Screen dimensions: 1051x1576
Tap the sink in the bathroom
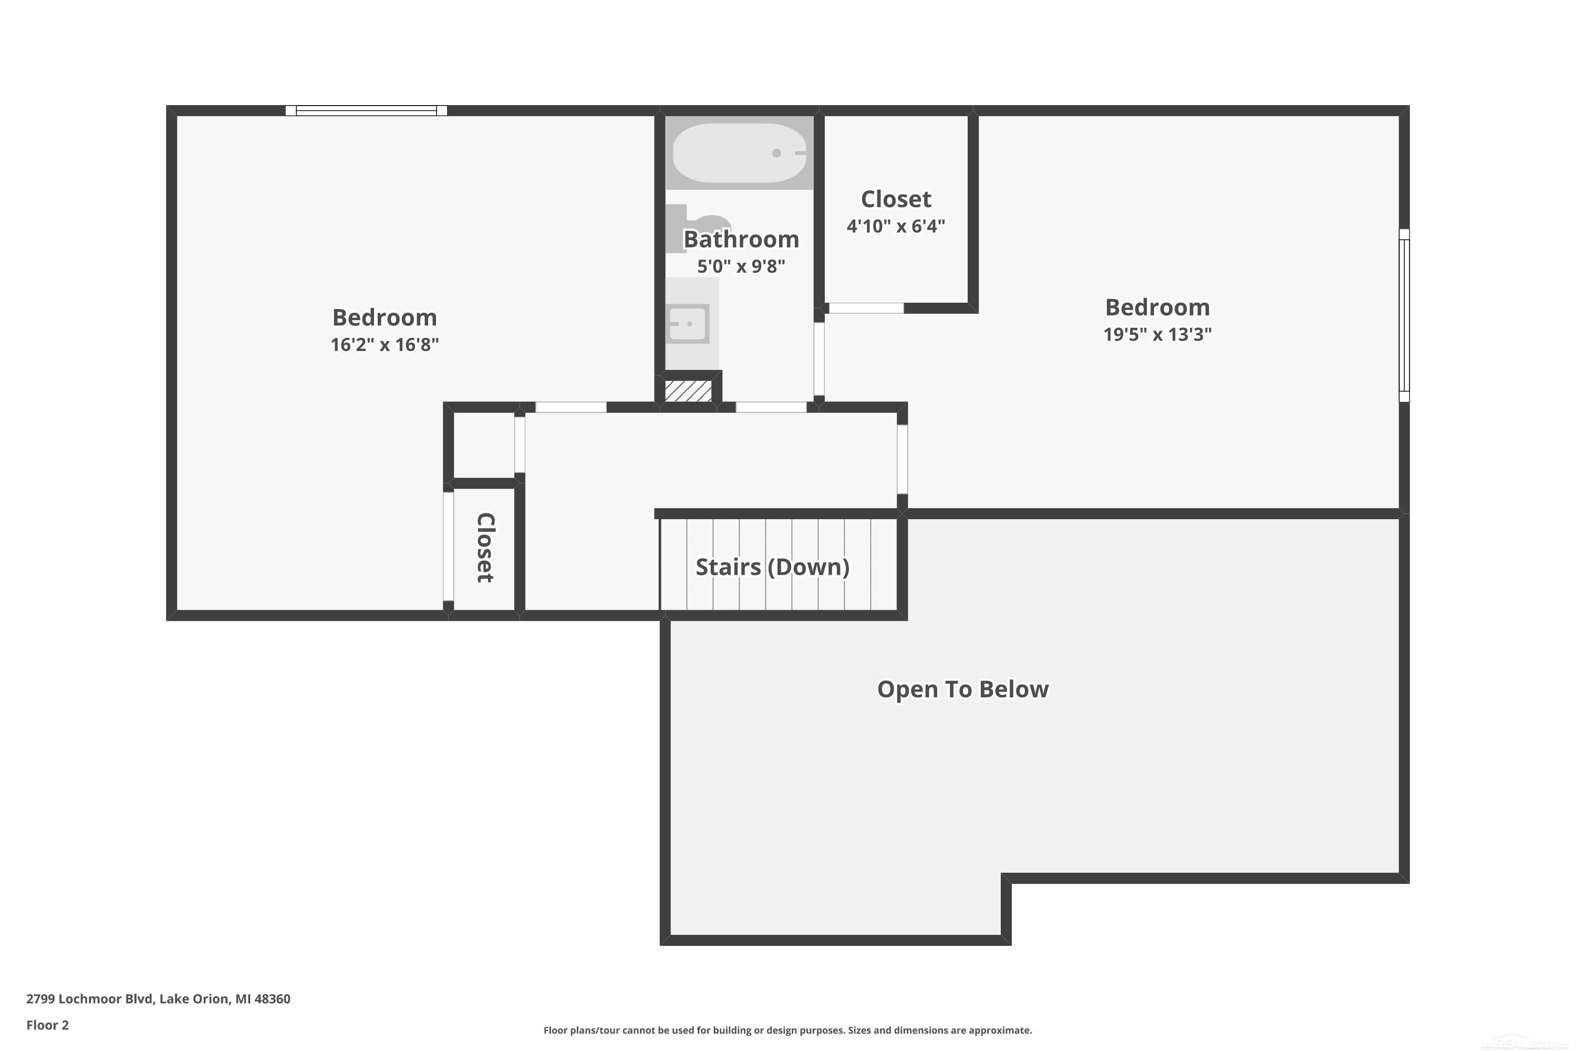[689, 324]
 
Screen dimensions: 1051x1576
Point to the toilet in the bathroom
[697, 224]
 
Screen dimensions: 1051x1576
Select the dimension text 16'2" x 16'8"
[385, 345]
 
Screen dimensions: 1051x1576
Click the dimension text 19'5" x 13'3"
[1157, 334]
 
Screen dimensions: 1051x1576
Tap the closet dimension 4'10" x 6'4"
[896, 226]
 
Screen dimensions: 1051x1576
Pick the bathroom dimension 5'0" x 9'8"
[741, 267]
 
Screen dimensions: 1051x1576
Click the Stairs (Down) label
[773, 567]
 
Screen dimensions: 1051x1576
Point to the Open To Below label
[963, 689]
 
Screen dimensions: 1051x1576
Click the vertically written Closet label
[485, 548]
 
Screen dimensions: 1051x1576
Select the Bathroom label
[741, 239]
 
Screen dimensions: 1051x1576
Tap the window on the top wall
[367, 110]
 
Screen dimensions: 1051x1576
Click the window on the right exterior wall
[1404, 315]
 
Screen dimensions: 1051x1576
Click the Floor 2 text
[48, 1025]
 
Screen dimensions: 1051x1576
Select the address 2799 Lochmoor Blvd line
[158, 999]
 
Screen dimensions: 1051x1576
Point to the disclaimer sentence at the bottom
[787, 1030]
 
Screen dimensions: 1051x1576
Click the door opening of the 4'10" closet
[866, 308]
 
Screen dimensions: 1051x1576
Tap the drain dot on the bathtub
[776, 153]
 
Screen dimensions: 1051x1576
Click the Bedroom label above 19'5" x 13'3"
[1157, 307]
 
